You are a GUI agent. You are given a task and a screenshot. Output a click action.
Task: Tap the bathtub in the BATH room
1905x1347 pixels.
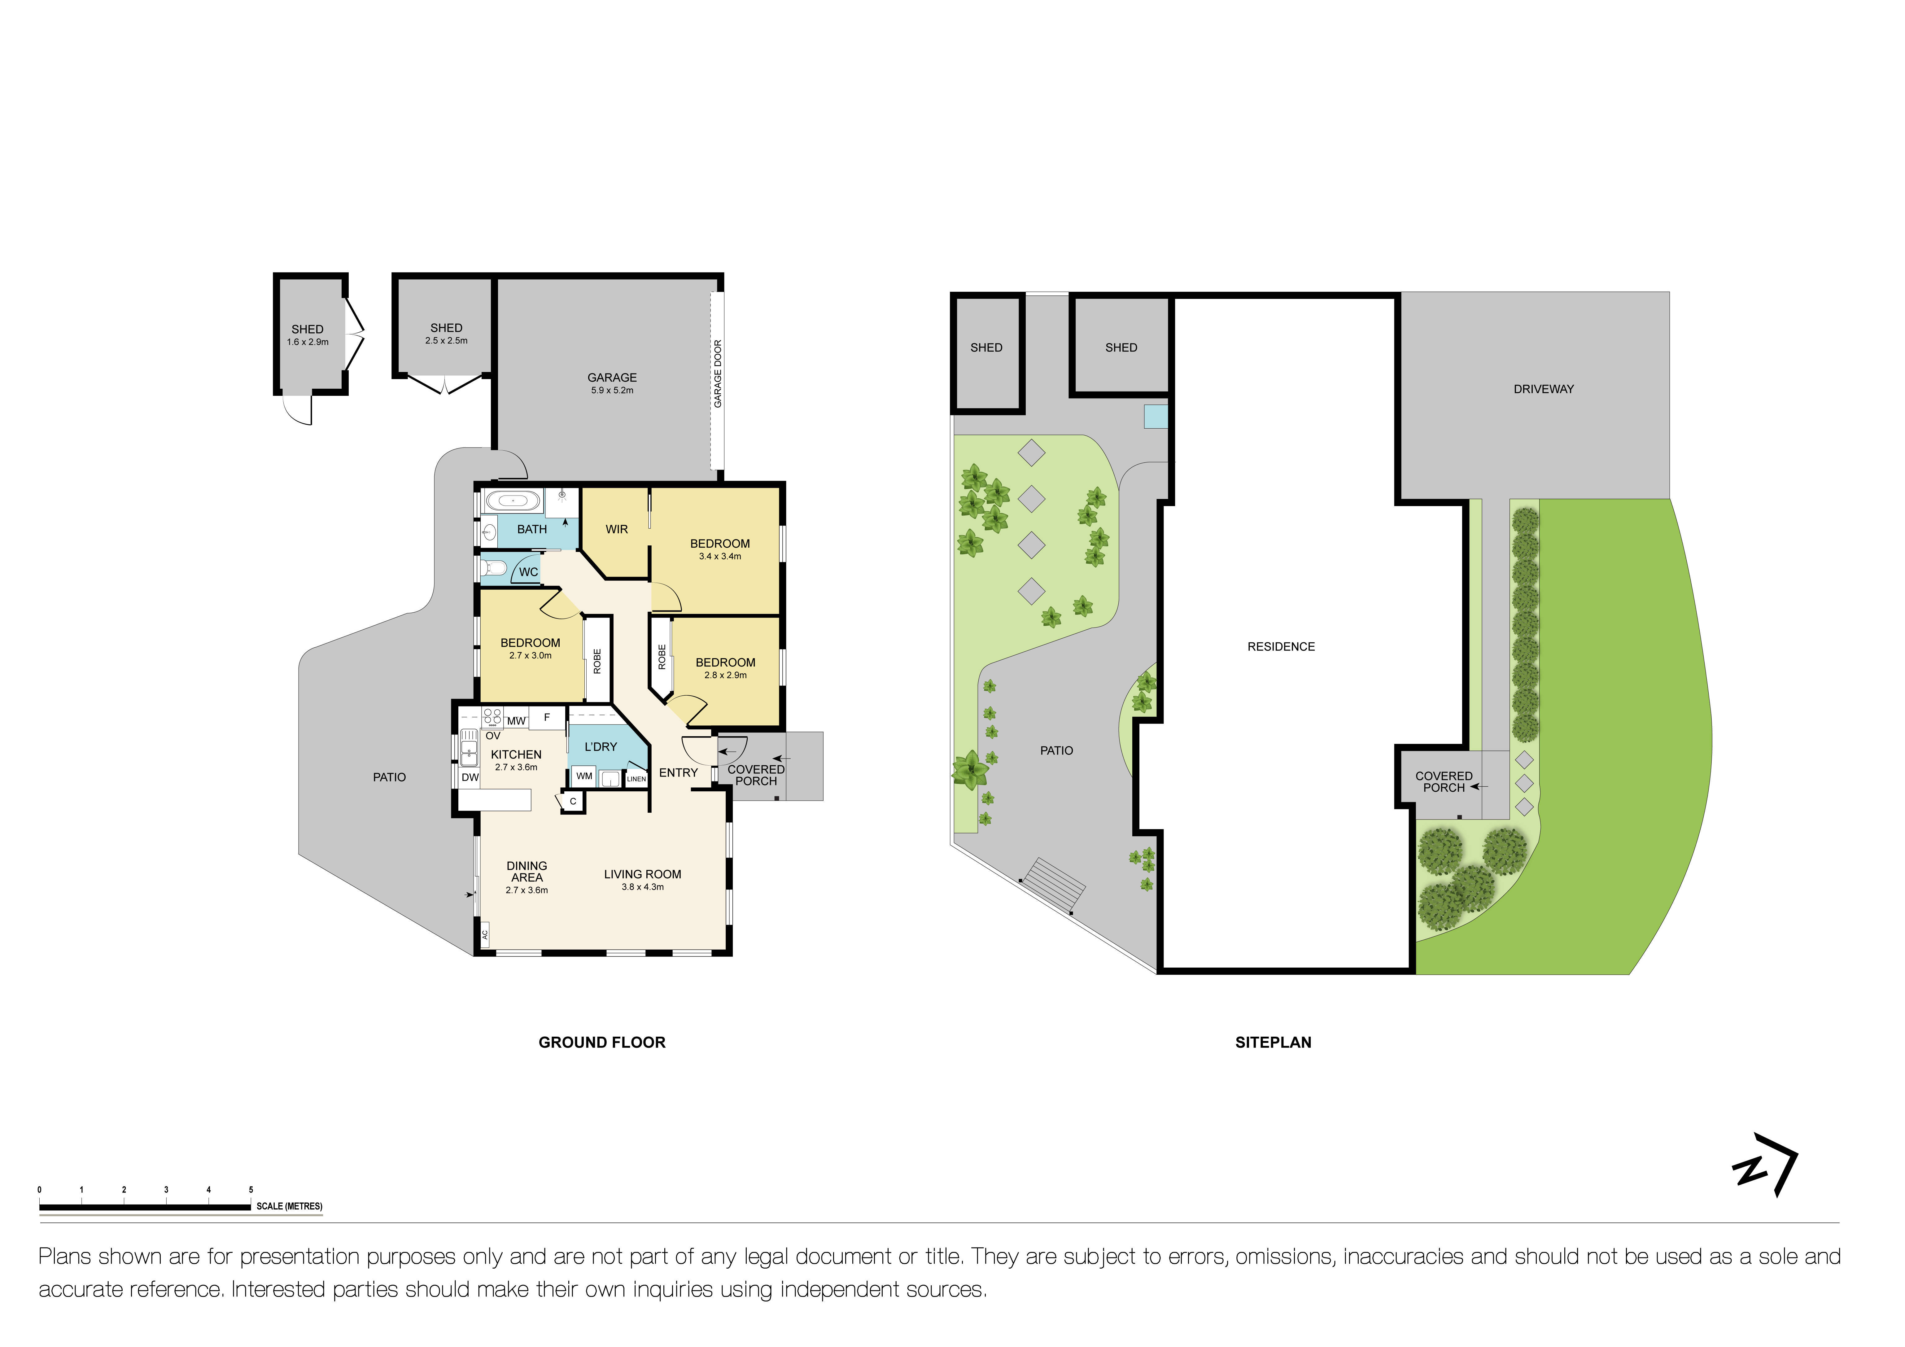click(512, 501)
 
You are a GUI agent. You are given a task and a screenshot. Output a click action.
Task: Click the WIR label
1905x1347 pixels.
click(617, 530)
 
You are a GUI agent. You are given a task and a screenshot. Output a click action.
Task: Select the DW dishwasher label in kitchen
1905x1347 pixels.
click(470, 778)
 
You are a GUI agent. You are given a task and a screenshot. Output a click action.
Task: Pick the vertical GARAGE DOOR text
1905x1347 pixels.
click(718, 374)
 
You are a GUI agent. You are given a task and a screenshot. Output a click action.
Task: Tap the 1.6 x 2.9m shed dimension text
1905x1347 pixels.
click(308, 342)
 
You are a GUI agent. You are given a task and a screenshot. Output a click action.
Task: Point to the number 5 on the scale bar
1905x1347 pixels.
click(251, 1189)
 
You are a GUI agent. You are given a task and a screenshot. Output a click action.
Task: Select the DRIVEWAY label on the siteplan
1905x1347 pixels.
click(1543, 389)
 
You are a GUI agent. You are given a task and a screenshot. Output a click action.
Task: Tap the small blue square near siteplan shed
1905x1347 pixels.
click(1155, 416)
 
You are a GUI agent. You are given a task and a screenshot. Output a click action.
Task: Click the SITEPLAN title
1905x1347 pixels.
click(1273, 1043)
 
